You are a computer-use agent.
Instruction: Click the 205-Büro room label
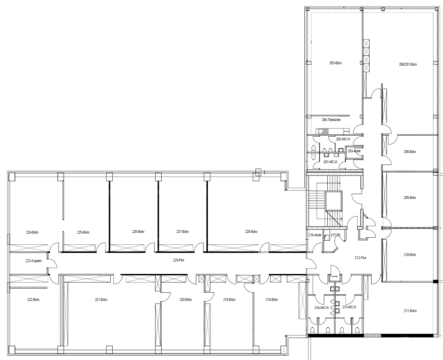[335, 63]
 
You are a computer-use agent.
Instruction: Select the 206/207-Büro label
[408, 64]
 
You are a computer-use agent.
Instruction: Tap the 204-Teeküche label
[331, 120]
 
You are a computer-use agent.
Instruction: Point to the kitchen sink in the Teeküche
[323, 131]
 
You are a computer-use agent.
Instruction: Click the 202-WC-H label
[343, 139]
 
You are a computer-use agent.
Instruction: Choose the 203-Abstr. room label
[354, 151]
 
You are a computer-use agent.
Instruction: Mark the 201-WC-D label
[330, 162]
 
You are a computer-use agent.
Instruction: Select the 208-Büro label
[410, 152]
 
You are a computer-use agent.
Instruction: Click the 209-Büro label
[410, 198]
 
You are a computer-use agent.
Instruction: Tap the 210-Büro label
[410, 255]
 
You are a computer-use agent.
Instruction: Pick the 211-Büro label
[410, 311]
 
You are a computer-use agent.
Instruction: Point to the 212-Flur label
[360, 258]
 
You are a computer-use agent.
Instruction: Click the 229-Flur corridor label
[179, 260]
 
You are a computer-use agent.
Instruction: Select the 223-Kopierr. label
[34, 261]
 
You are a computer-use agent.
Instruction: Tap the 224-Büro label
[32, 232]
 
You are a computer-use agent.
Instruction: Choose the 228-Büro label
[251, 232]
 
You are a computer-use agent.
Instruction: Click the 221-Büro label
[101, 299]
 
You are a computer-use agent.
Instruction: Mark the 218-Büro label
[272, 299]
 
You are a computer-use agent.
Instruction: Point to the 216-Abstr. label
[315, 235]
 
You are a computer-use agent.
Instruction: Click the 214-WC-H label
[321, 308]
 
